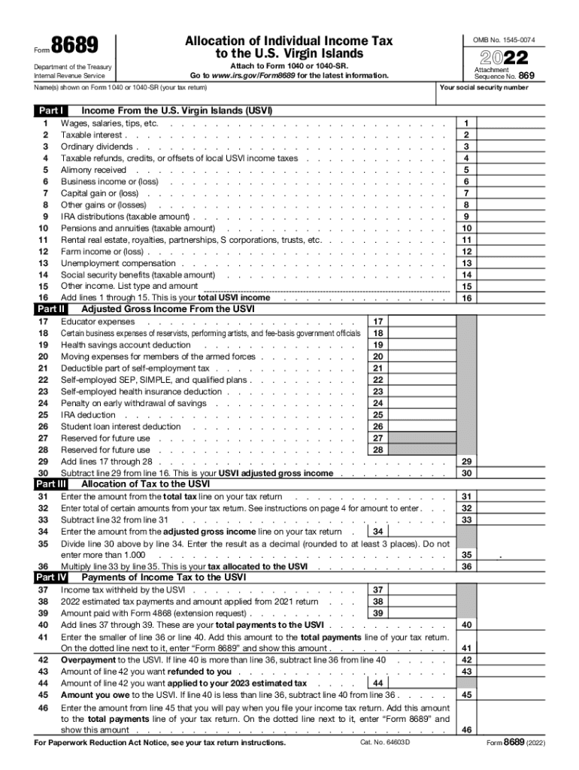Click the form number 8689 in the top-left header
(x=74, y=46)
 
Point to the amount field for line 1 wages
(x=524, y=123)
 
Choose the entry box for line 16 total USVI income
(x=524, y=298)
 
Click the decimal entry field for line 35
(x=524, y=555)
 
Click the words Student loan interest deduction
(x=120, y=426)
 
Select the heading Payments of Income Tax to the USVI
(x=163, y=577)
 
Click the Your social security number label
(x=484, y=88)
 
